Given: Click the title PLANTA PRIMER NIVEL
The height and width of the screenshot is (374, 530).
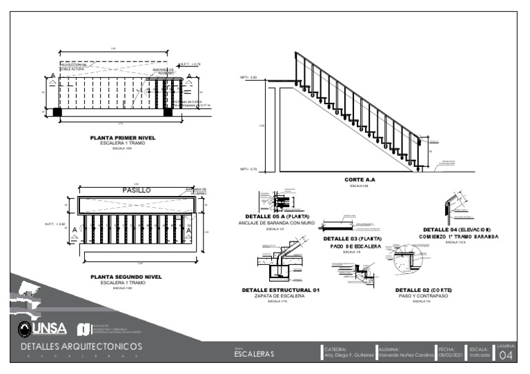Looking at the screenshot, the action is (123, 138).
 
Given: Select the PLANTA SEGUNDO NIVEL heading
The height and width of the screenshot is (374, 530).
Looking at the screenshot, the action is (126, 277).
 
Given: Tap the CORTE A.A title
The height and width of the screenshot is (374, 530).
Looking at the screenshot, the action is (359, 179).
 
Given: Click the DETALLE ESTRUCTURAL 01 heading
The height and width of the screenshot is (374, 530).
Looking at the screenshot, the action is (280, 290).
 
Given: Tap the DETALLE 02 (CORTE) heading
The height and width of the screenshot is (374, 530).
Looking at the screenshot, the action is (423, 290).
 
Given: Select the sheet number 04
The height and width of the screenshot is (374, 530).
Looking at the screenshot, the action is (506, 355).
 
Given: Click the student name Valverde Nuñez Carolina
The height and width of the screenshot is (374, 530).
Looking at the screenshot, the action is (406, 355).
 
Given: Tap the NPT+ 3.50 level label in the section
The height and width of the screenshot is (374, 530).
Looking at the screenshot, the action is (248, 78).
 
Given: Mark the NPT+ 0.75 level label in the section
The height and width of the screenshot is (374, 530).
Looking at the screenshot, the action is (248, 169).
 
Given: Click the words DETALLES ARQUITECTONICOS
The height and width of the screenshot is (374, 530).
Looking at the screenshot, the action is (81, 345).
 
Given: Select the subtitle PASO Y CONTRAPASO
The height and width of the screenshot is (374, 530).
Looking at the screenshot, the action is (423, 295).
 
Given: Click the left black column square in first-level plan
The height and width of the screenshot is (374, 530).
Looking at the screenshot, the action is (57, 112).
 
